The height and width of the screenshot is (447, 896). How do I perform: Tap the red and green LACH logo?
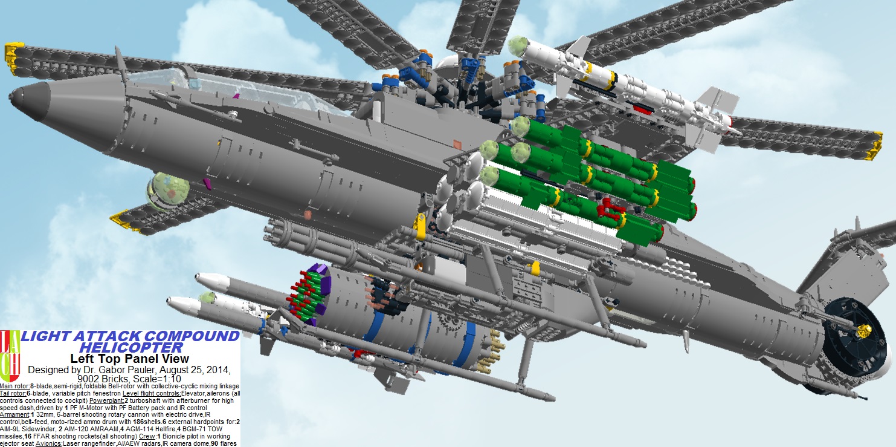[10, 356]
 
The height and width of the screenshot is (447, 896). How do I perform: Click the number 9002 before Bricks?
[89, 379]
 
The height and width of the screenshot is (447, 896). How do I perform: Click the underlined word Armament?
[15, 414]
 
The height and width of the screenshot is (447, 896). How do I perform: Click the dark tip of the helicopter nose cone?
[16, 97]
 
